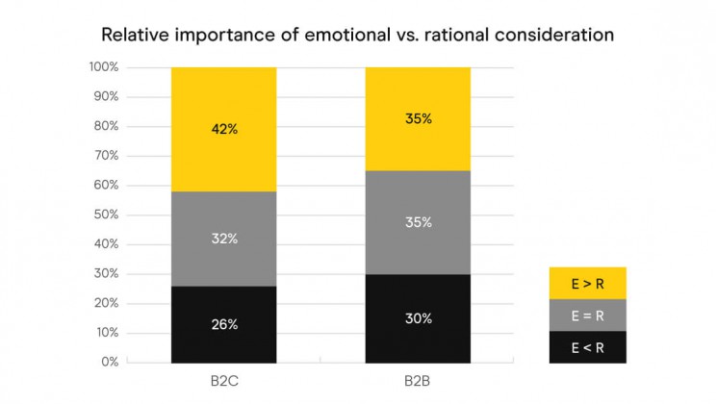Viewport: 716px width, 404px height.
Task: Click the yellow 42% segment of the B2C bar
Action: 223,129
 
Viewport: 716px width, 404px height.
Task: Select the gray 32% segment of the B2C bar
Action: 223,239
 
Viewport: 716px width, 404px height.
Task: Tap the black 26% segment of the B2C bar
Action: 223,324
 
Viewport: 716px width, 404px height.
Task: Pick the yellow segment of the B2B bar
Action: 418,119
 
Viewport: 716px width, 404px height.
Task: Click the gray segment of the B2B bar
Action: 418,222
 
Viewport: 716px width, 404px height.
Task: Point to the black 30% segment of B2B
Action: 418,318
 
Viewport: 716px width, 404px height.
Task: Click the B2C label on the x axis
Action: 223,380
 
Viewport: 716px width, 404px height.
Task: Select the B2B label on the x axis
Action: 418,380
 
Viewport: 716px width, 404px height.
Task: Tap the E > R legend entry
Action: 588,283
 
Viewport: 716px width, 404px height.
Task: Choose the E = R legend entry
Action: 588,315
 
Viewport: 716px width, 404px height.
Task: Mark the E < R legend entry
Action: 588,346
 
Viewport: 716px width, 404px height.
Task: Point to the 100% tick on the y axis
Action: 103,67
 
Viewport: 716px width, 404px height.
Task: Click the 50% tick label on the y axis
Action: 105,215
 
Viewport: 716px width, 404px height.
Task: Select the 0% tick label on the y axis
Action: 109,363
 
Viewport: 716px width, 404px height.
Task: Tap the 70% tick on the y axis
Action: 105,156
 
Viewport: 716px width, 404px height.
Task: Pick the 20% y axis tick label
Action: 105,303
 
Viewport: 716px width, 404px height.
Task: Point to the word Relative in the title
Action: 135,35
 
